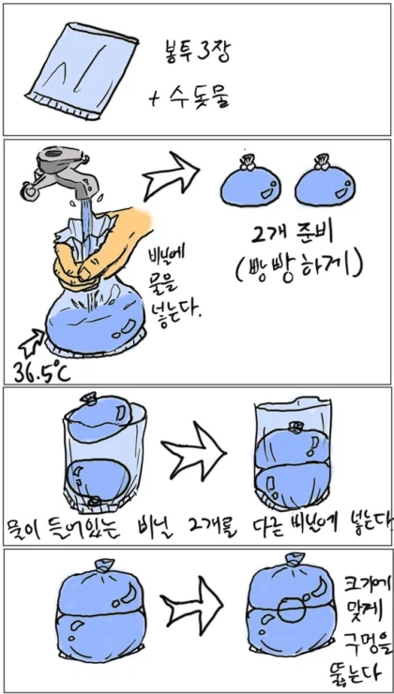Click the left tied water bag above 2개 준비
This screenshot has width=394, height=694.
click(x=247, y=184)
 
